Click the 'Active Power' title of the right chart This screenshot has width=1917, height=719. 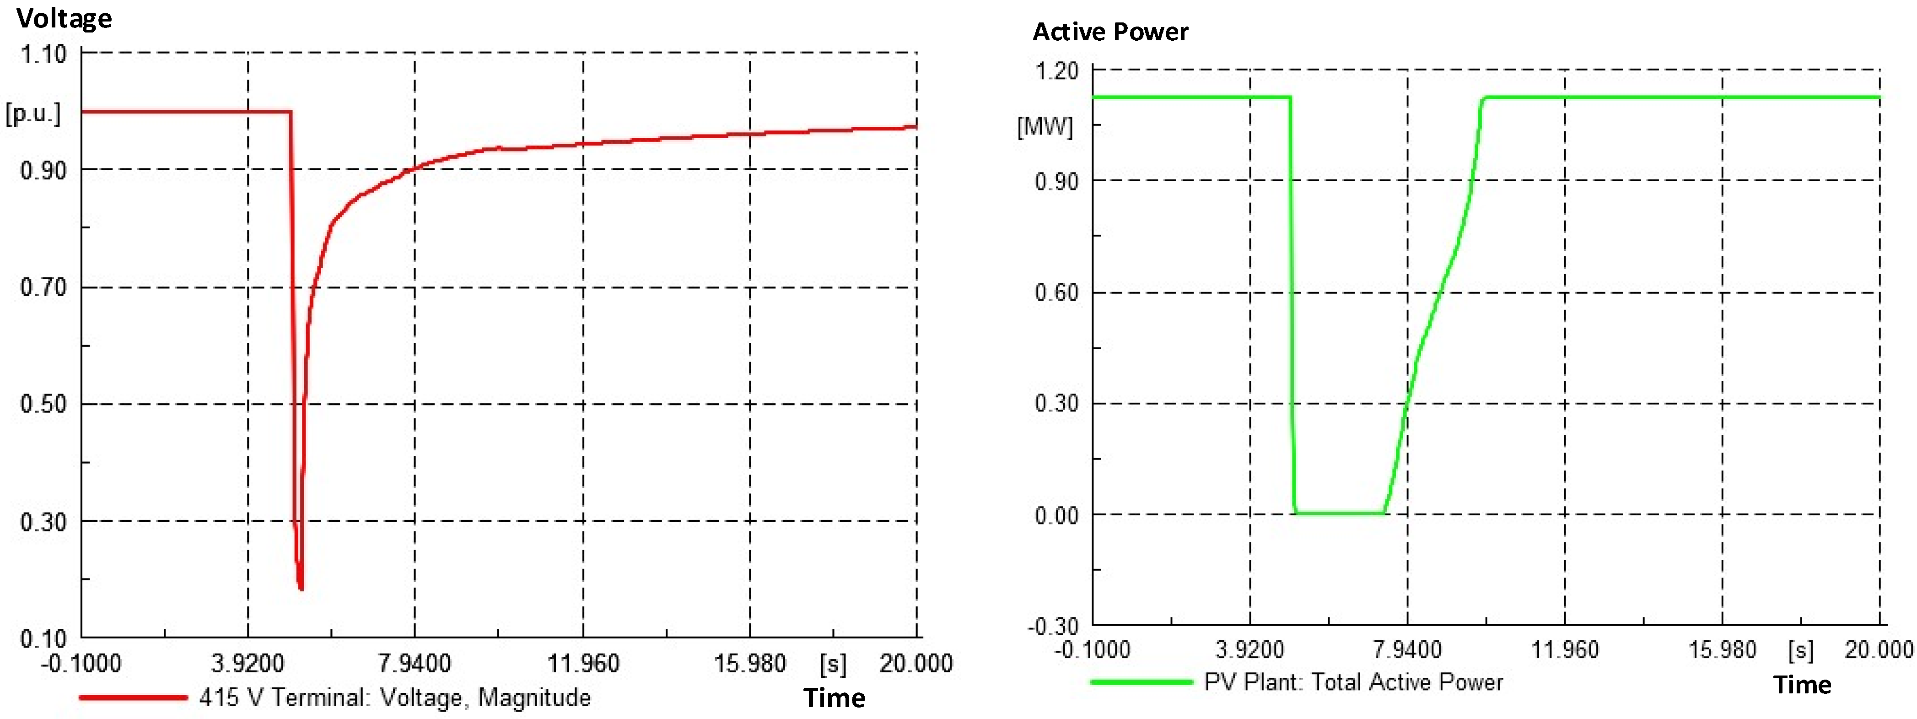pyautogui.click(x=1110, y=32)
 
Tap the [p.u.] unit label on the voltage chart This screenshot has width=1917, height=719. pyautogui.click(x=33, y=114)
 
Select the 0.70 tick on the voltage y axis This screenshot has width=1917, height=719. pyautogui.click(x=43, y=287)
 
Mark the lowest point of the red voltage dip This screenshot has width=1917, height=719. pyautogui.click(x=301, y=589)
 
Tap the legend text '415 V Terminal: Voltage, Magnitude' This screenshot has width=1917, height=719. pyautogui.click(x=394, y=697)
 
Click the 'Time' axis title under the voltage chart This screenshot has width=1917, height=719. pyautogui.click(x=834, y=698)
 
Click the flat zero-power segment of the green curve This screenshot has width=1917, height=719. pyautogui.click(x=1340, y=513)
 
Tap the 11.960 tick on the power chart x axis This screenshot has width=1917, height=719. pyautogui.click(x=1564, y=650)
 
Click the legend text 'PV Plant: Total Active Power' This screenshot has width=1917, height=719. pyautogui.click(x=1353, y=682)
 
